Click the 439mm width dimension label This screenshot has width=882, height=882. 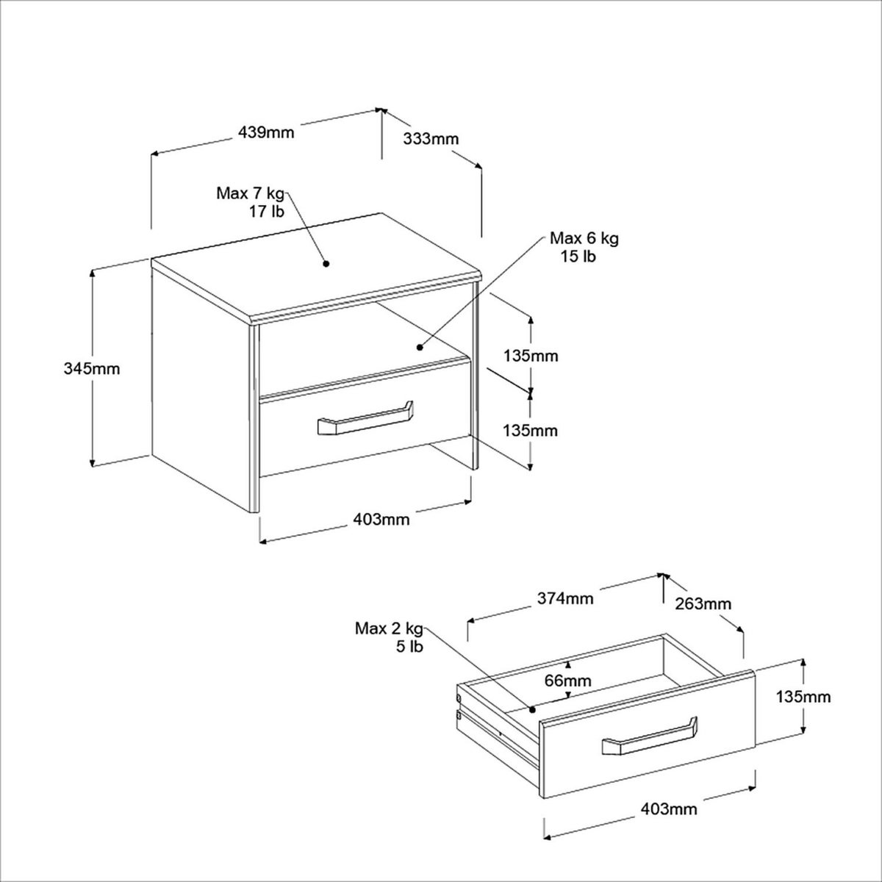pyautogui.click(x=266, y=132)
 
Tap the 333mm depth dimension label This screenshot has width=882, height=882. pyautogui.click(x=431, y=139)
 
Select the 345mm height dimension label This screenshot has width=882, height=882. pyautogui.click(x=92, y=368)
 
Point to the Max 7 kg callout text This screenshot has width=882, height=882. pyautogui.click(x=251, y=193)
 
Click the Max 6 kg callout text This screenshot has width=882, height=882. pyautogui.click(x=584, y=238)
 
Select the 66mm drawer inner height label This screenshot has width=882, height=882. pyautogui.click(x=567, y=681)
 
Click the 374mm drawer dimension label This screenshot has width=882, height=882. pyautogui.click(x=565, y=598)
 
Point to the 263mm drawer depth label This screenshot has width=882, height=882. pyautogui.click(x=703, y=603)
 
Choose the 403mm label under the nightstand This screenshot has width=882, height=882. pyautogui.click(x=381, y=520)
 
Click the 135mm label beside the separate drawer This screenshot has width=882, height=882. pyautogui.click(x=803, y=697)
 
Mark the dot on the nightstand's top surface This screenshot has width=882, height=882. pyautogui.click(x=326, y=264)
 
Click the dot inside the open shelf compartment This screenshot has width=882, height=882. pyautogui.click(x=419, y=348)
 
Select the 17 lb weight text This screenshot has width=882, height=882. pyautogui.click(x=266, y=212)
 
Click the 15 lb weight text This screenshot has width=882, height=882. pyautogui.click(x=578, y=257)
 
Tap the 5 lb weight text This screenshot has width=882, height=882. pyautogui.click(x=409, y=647)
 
